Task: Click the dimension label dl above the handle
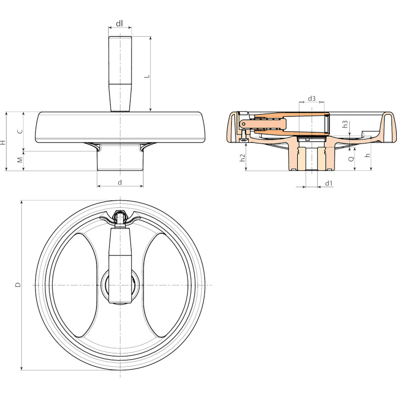[119, 24]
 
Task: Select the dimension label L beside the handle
[147, 76]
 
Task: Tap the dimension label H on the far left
[3, 142]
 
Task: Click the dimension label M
[20, 160]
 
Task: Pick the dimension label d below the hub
[120, 182]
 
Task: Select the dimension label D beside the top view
[18, 284]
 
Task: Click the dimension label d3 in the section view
[312, 98]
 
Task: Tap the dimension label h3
[345, 124]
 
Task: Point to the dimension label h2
[243, 158]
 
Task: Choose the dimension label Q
[351, 159]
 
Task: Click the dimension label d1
[329, 183]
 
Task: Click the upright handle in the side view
[120, 74]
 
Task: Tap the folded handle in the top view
[120, 265]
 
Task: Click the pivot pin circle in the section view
[243, 124]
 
